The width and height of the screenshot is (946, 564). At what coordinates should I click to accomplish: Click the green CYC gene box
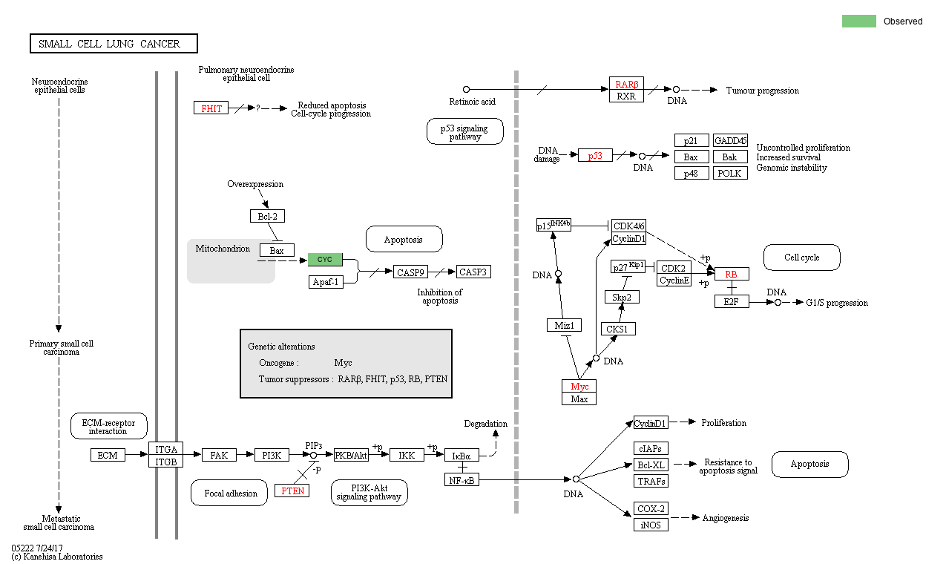point(325,260)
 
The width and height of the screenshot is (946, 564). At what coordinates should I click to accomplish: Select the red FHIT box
point(211,108)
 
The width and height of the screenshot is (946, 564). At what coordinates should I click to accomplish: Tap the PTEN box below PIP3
point(292,491)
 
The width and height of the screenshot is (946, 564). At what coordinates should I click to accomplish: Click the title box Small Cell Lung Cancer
point(114,44)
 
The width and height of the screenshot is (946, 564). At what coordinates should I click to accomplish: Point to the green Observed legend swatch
point(858,22)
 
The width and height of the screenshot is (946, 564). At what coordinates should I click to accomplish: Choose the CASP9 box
point(410,272)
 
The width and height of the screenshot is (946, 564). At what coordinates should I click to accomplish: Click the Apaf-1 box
point(326,282)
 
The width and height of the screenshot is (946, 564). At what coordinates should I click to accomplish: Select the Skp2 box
point(622,297)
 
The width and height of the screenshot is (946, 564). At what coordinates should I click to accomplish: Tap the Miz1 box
point(564,325)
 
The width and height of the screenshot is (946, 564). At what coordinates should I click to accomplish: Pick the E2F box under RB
point(732,301)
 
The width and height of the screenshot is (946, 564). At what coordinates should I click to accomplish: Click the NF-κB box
point(462,480)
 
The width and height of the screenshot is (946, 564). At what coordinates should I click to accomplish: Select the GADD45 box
point(730,141)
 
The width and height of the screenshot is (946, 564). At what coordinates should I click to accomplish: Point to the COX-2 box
point(651,509)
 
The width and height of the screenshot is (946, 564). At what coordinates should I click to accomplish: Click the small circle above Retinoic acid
point(466,90)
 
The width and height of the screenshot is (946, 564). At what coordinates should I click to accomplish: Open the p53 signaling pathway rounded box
point(465,132)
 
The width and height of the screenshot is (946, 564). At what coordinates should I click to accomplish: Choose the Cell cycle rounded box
point(801,258)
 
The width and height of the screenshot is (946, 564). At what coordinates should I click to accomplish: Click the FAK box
point(219,455)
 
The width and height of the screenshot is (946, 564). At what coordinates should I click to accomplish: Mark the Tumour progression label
point(762,91)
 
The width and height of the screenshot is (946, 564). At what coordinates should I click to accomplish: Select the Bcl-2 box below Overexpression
point(267,216)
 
